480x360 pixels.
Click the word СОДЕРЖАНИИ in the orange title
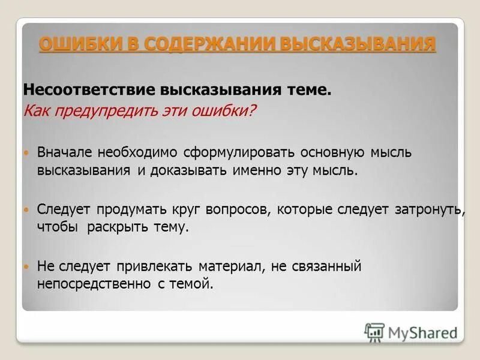200,44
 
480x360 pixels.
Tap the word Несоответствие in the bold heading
89,90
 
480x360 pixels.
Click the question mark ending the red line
253,111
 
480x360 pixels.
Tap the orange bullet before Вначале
26,153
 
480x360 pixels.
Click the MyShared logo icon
374,332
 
